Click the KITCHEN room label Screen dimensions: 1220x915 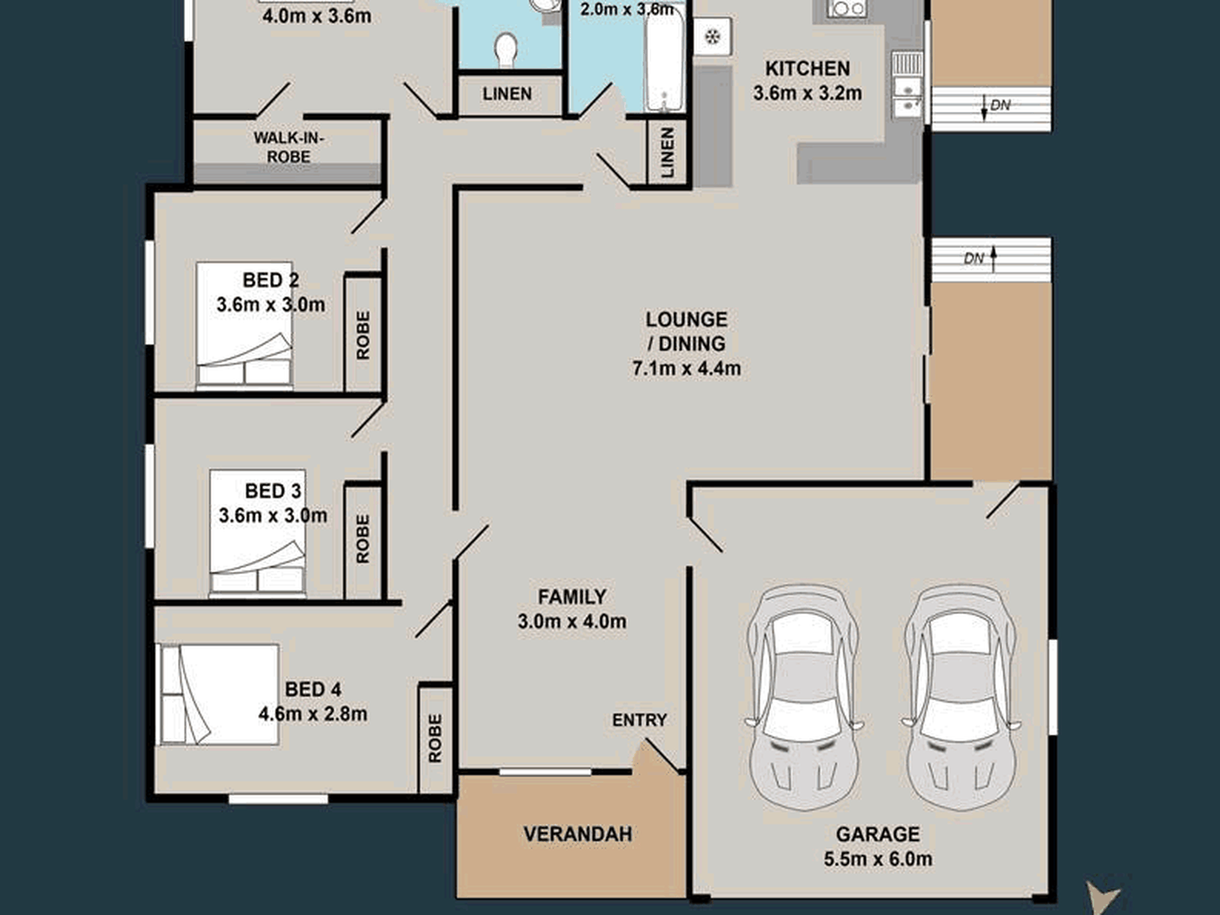[807, 68]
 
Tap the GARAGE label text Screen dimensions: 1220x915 [877, 834]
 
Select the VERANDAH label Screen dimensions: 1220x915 [577, 834]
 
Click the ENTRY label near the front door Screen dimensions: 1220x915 [640, 720]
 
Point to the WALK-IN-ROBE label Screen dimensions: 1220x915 [289, 147]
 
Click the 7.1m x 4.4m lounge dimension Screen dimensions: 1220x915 [686, 369]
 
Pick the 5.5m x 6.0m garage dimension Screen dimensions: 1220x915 [878, 859]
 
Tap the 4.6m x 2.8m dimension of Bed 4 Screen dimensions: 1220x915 [313, 714]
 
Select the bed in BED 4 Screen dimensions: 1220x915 [217, 694]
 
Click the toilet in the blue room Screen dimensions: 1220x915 [507, 49]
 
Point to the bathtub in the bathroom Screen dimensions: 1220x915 [664, 61]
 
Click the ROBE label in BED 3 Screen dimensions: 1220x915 [363, 539]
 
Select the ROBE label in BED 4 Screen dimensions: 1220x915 [435, 738]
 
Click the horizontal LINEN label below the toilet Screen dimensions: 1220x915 [507, 94]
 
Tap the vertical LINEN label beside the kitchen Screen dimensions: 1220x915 [668, 152]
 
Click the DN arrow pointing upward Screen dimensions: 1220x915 [993, 259]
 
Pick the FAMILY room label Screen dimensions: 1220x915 [571, 597]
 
